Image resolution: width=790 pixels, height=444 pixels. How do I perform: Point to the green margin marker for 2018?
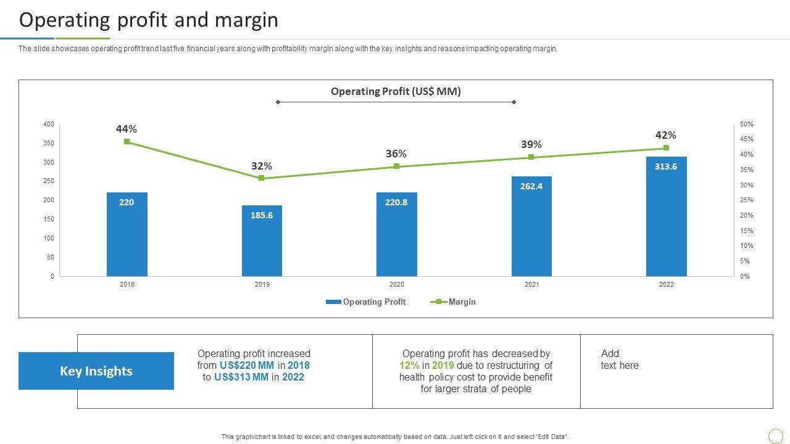tap(127, 142)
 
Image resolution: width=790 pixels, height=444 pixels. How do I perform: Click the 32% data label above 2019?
tap(262, 166)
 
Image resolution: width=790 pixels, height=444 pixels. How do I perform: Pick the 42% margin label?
tap(666, 135)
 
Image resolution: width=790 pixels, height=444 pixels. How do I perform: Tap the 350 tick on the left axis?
tap(49, 144)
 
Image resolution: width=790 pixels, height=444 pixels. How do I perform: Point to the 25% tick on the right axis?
tap(746, 200)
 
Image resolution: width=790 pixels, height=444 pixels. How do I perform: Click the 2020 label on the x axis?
tap(396, 284)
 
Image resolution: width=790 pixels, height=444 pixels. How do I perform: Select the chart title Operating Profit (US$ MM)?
tap(396, 91)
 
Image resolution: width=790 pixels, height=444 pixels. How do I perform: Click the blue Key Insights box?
tap(96, 371)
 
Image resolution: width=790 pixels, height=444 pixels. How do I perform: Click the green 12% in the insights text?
tap(409, 365)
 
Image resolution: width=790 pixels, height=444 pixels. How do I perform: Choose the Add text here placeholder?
tap(620, 360)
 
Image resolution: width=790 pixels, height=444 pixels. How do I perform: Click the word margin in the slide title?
tap(247, 20)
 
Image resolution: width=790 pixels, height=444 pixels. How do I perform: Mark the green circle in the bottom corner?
tap(775, 436)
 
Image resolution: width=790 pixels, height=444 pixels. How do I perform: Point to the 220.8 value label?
tap(396, 202)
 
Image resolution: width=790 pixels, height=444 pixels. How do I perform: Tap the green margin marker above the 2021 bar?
tap(531, 157)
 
